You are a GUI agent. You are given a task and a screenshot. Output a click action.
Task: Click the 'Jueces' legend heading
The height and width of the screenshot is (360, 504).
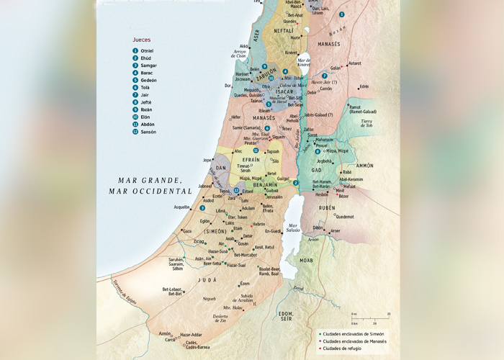pyautogui.click(x=143, y=40)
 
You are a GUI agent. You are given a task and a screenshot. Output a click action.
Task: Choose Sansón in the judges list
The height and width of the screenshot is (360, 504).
pyautogui.click(x=148, y=132)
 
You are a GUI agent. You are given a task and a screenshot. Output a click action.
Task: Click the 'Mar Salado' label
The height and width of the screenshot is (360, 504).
pyautogui.click(x=292, y=228)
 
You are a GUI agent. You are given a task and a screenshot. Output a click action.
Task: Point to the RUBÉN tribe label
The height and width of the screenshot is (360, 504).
pyautogui.click(x=327, y=207)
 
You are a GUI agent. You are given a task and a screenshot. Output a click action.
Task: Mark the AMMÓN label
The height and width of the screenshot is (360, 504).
pyautogui.click(x=365, y=165)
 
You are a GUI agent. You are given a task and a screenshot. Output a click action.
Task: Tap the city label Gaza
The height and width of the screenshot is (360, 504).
pyautogui.click(x=187, y=231)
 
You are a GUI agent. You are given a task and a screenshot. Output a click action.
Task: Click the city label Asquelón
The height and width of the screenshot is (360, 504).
pyautogui.click(x=183, y=207)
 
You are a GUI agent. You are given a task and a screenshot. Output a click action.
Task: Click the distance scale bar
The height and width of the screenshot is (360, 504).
pyautogui.click(x=370, y=317)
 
